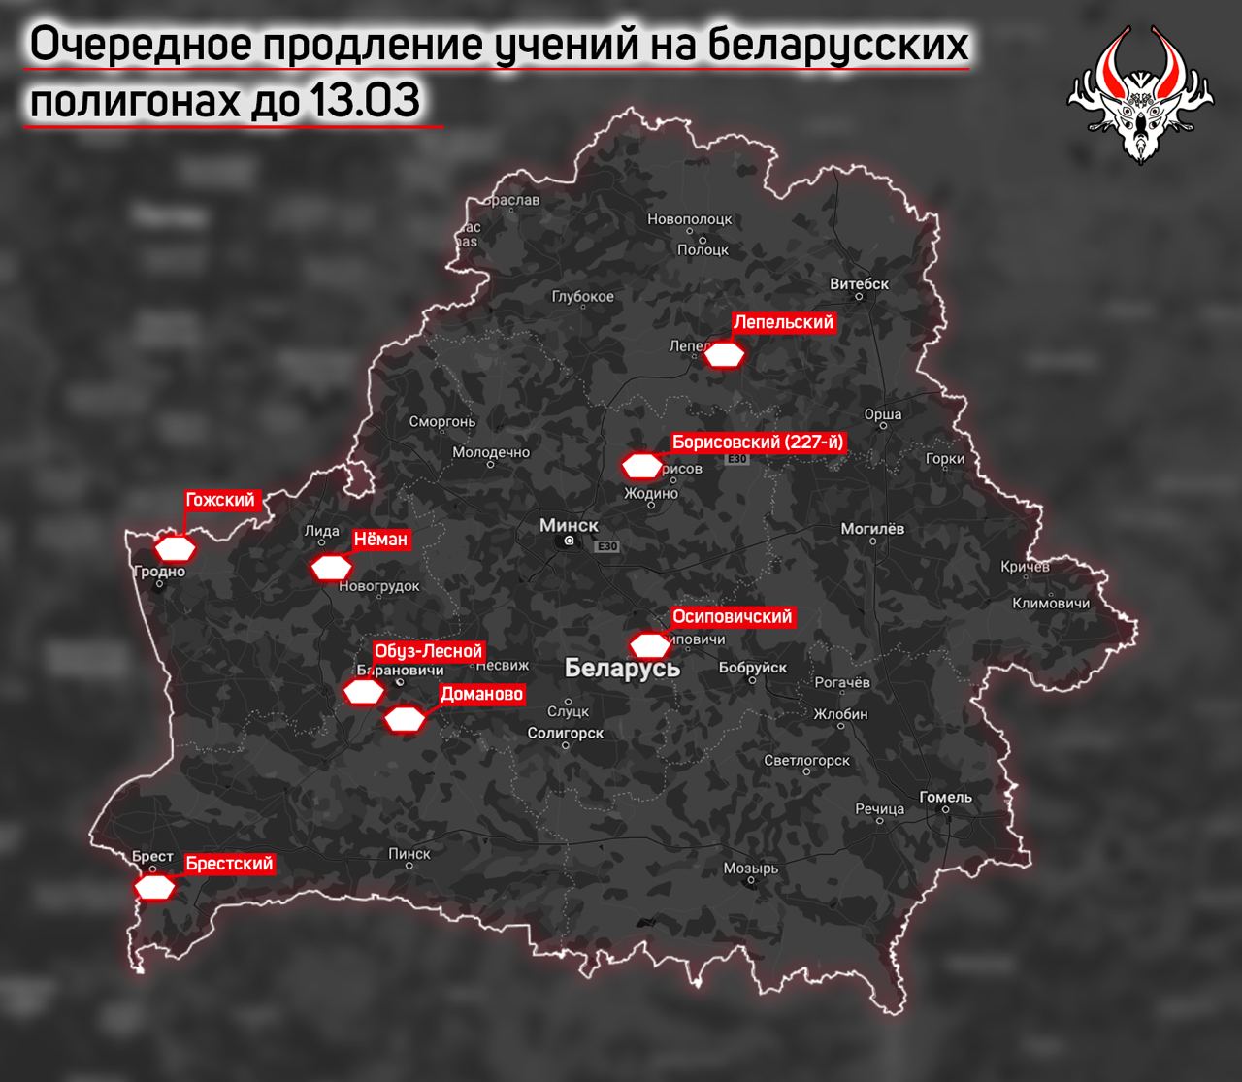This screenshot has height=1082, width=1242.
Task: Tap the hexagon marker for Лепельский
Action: [x=724, y=355]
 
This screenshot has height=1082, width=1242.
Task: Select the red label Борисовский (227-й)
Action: [x=759, y=443]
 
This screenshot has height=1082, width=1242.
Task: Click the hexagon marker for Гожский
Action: [x=176, y=548]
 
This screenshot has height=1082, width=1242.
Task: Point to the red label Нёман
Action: [x=380, y=539]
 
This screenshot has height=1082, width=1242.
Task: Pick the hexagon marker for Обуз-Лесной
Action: [x=364, y=691]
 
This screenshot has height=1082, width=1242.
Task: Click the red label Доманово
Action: [x=481, y=694]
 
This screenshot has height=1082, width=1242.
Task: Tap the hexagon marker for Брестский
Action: [x=155, y=887]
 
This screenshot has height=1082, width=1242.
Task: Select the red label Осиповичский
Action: [x=733, y=616]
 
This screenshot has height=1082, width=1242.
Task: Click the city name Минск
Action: [x=569, y=525]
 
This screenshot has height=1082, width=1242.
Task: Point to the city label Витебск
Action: [x=860, y=284]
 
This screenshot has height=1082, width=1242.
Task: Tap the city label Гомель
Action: [x=945, y=797]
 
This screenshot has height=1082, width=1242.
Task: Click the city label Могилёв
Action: [x=872, y=529]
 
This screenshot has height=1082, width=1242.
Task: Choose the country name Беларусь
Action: [x=622, y=668]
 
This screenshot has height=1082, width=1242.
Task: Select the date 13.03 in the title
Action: [x=365, y=102]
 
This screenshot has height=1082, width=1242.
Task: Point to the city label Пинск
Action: [x=409, y=853]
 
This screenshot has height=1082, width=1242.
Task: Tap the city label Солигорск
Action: [x=566, y=734]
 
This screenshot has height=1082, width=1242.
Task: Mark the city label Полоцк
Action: [x=703, y=249]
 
